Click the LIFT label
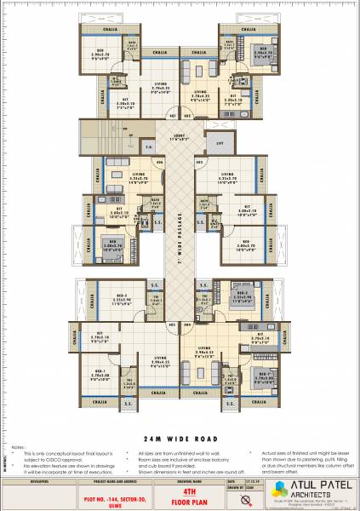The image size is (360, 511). (x=220, y=145)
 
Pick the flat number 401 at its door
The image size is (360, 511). (x=171, y=114)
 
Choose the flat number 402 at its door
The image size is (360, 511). (x=186, y=114)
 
